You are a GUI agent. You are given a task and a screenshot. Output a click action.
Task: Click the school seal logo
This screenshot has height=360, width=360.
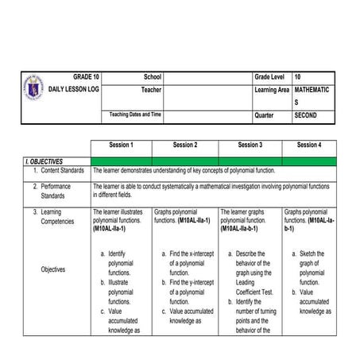[36, 88]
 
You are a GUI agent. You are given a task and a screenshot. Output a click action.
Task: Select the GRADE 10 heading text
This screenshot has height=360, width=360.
[87, 76]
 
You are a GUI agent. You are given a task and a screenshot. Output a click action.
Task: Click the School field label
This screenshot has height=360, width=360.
[152, 76]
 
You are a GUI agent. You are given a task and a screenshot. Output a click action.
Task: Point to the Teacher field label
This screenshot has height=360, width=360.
[150, 90]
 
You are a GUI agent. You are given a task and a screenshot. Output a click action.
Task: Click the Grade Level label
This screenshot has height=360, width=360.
[271, 76]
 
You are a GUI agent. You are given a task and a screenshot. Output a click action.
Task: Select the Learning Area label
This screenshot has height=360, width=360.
[272, 90]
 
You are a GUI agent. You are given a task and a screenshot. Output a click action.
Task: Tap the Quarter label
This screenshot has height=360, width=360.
[264, 115]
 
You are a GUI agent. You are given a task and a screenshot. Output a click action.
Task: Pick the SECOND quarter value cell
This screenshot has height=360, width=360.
[305, 115]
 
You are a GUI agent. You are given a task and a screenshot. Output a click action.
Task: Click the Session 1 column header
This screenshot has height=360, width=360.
[120, 145]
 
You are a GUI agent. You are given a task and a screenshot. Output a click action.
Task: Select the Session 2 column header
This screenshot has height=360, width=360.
[184, 145]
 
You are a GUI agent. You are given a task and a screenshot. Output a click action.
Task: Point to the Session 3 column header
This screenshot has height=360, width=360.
[249, 145]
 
